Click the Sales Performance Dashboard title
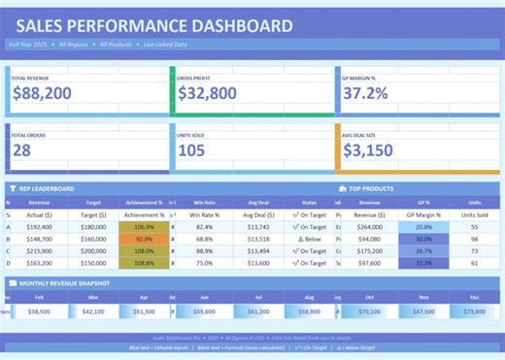153,26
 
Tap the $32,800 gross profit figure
207,94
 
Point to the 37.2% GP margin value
366,94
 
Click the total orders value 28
22,150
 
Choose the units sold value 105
191,150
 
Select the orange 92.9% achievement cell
144,239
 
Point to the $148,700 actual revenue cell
39,239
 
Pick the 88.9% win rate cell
204,250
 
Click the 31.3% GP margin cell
423,263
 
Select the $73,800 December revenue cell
474,312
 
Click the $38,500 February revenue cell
39,312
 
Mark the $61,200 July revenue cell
258,312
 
